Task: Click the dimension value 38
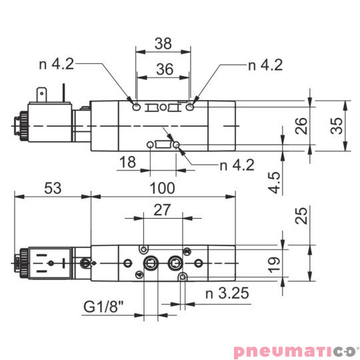(163, 44)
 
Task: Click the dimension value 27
(163, 211)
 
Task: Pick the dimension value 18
(127, 163)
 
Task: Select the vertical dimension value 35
(339, 125)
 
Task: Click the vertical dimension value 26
(301, 125)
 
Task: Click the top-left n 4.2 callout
(57, 65)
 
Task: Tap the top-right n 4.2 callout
(265, 65)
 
